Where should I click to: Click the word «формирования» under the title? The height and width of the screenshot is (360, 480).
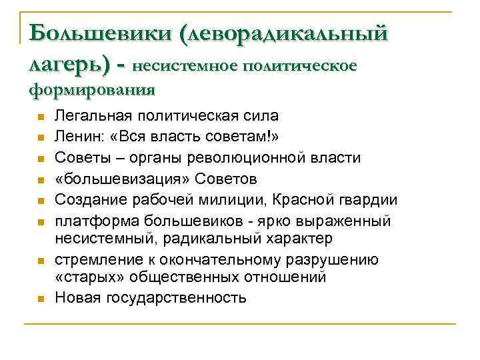point(92,88)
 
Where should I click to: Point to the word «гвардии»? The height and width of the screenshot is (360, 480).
point(369,200)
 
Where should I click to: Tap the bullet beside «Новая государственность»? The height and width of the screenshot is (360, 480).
point(40,298)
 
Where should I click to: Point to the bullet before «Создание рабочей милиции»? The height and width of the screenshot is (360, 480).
point(40,201)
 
